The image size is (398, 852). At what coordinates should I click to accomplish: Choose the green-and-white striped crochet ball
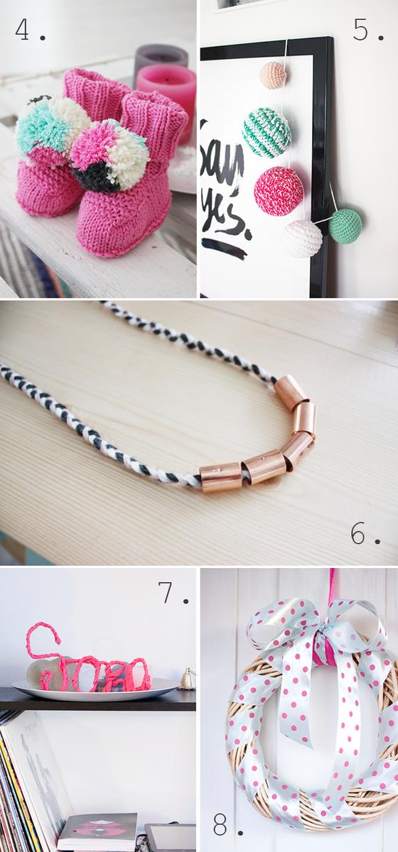point(267,132)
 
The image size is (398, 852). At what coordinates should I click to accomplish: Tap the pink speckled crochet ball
point(279,190)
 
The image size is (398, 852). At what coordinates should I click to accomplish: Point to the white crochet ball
point(302,239)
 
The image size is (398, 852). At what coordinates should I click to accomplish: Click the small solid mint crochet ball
point(345,226)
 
